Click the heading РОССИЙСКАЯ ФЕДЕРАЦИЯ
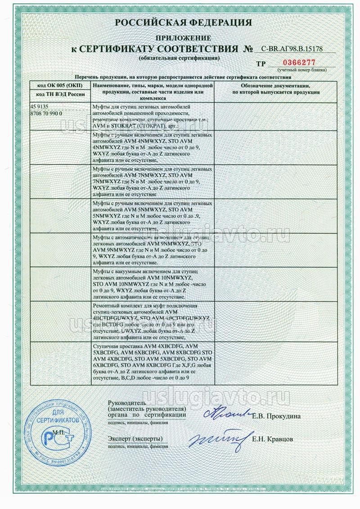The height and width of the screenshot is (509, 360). point(180,23)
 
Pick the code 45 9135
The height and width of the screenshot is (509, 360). point(39,107)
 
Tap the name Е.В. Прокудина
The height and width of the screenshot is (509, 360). point(276,415)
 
